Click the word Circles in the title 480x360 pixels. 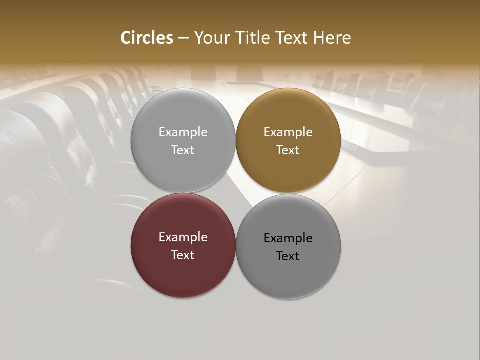(146, 38)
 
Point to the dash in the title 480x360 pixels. (183, 38)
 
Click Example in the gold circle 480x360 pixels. (288, 132)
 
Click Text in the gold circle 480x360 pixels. (288, 150)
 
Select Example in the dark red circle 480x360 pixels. (183, 237)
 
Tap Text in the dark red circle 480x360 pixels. (183, 255)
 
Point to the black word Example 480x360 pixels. (288, 238)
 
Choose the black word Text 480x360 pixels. (288, 256)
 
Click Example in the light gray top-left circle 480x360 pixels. (183, 132)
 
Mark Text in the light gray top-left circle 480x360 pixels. (183, 150)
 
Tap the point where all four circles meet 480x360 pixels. (236, 193)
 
